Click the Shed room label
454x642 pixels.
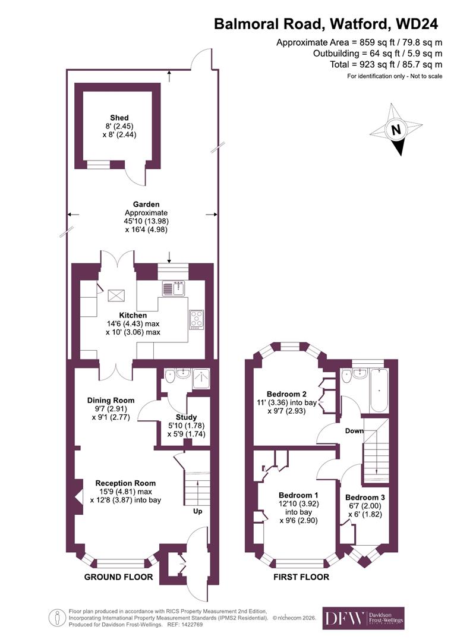coord(119,118)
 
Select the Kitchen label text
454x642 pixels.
coord(133,315)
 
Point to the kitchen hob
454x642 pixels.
coord(196,319)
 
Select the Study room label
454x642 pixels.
coord(186,417)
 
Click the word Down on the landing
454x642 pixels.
coord(355,431)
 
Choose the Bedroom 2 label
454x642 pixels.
coord(286,394)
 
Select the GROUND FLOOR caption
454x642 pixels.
coord(118,577)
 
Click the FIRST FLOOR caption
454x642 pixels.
coord(301,577)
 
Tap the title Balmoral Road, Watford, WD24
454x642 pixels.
coord(326,24)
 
